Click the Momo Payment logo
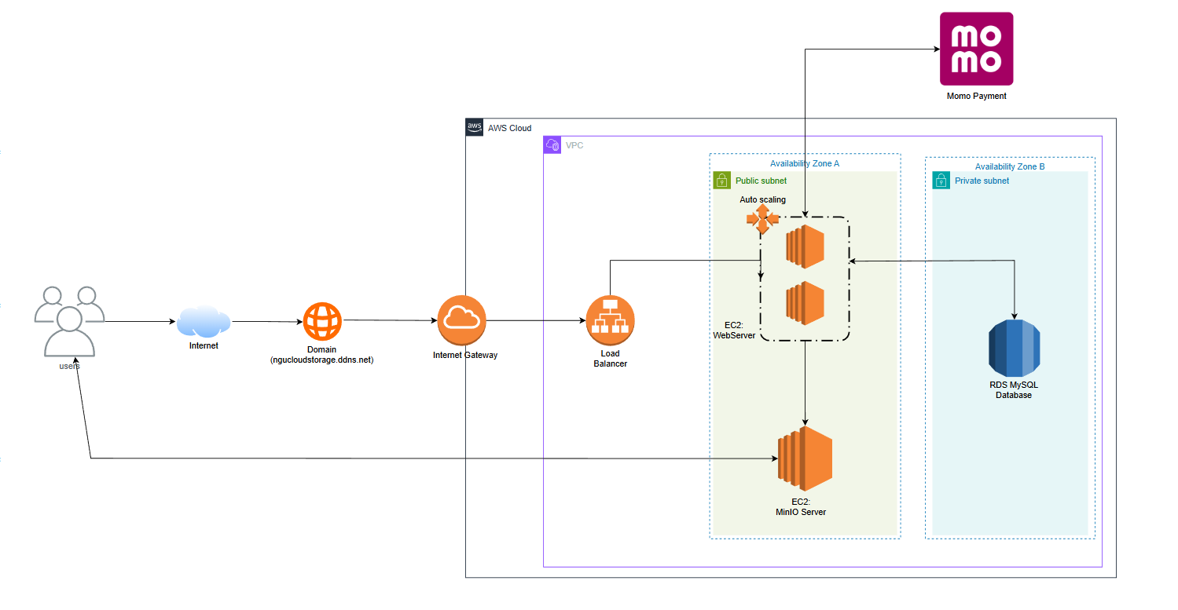(976, 49)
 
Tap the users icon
(69, 321)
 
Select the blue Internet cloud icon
(204, 321)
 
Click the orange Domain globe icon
(322, 321)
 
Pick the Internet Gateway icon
(462, 320)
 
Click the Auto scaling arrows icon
(761, 218)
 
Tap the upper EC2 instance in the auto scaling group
(805, 247)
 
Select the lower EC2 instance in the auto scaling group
(805, 303)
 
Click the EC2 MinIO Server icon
(805, 458)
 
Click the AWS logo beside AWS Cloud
(475, 127)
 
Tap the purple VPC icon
(552, 145)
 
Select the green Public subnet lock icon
(721, 181)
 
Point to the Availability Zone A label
(805, 163)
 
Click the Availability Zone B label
(1010, 166)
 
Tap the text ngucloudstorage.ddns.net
(322, 360)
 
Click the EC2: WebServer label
(734, 330)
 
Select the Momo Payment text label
(976, 96)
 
